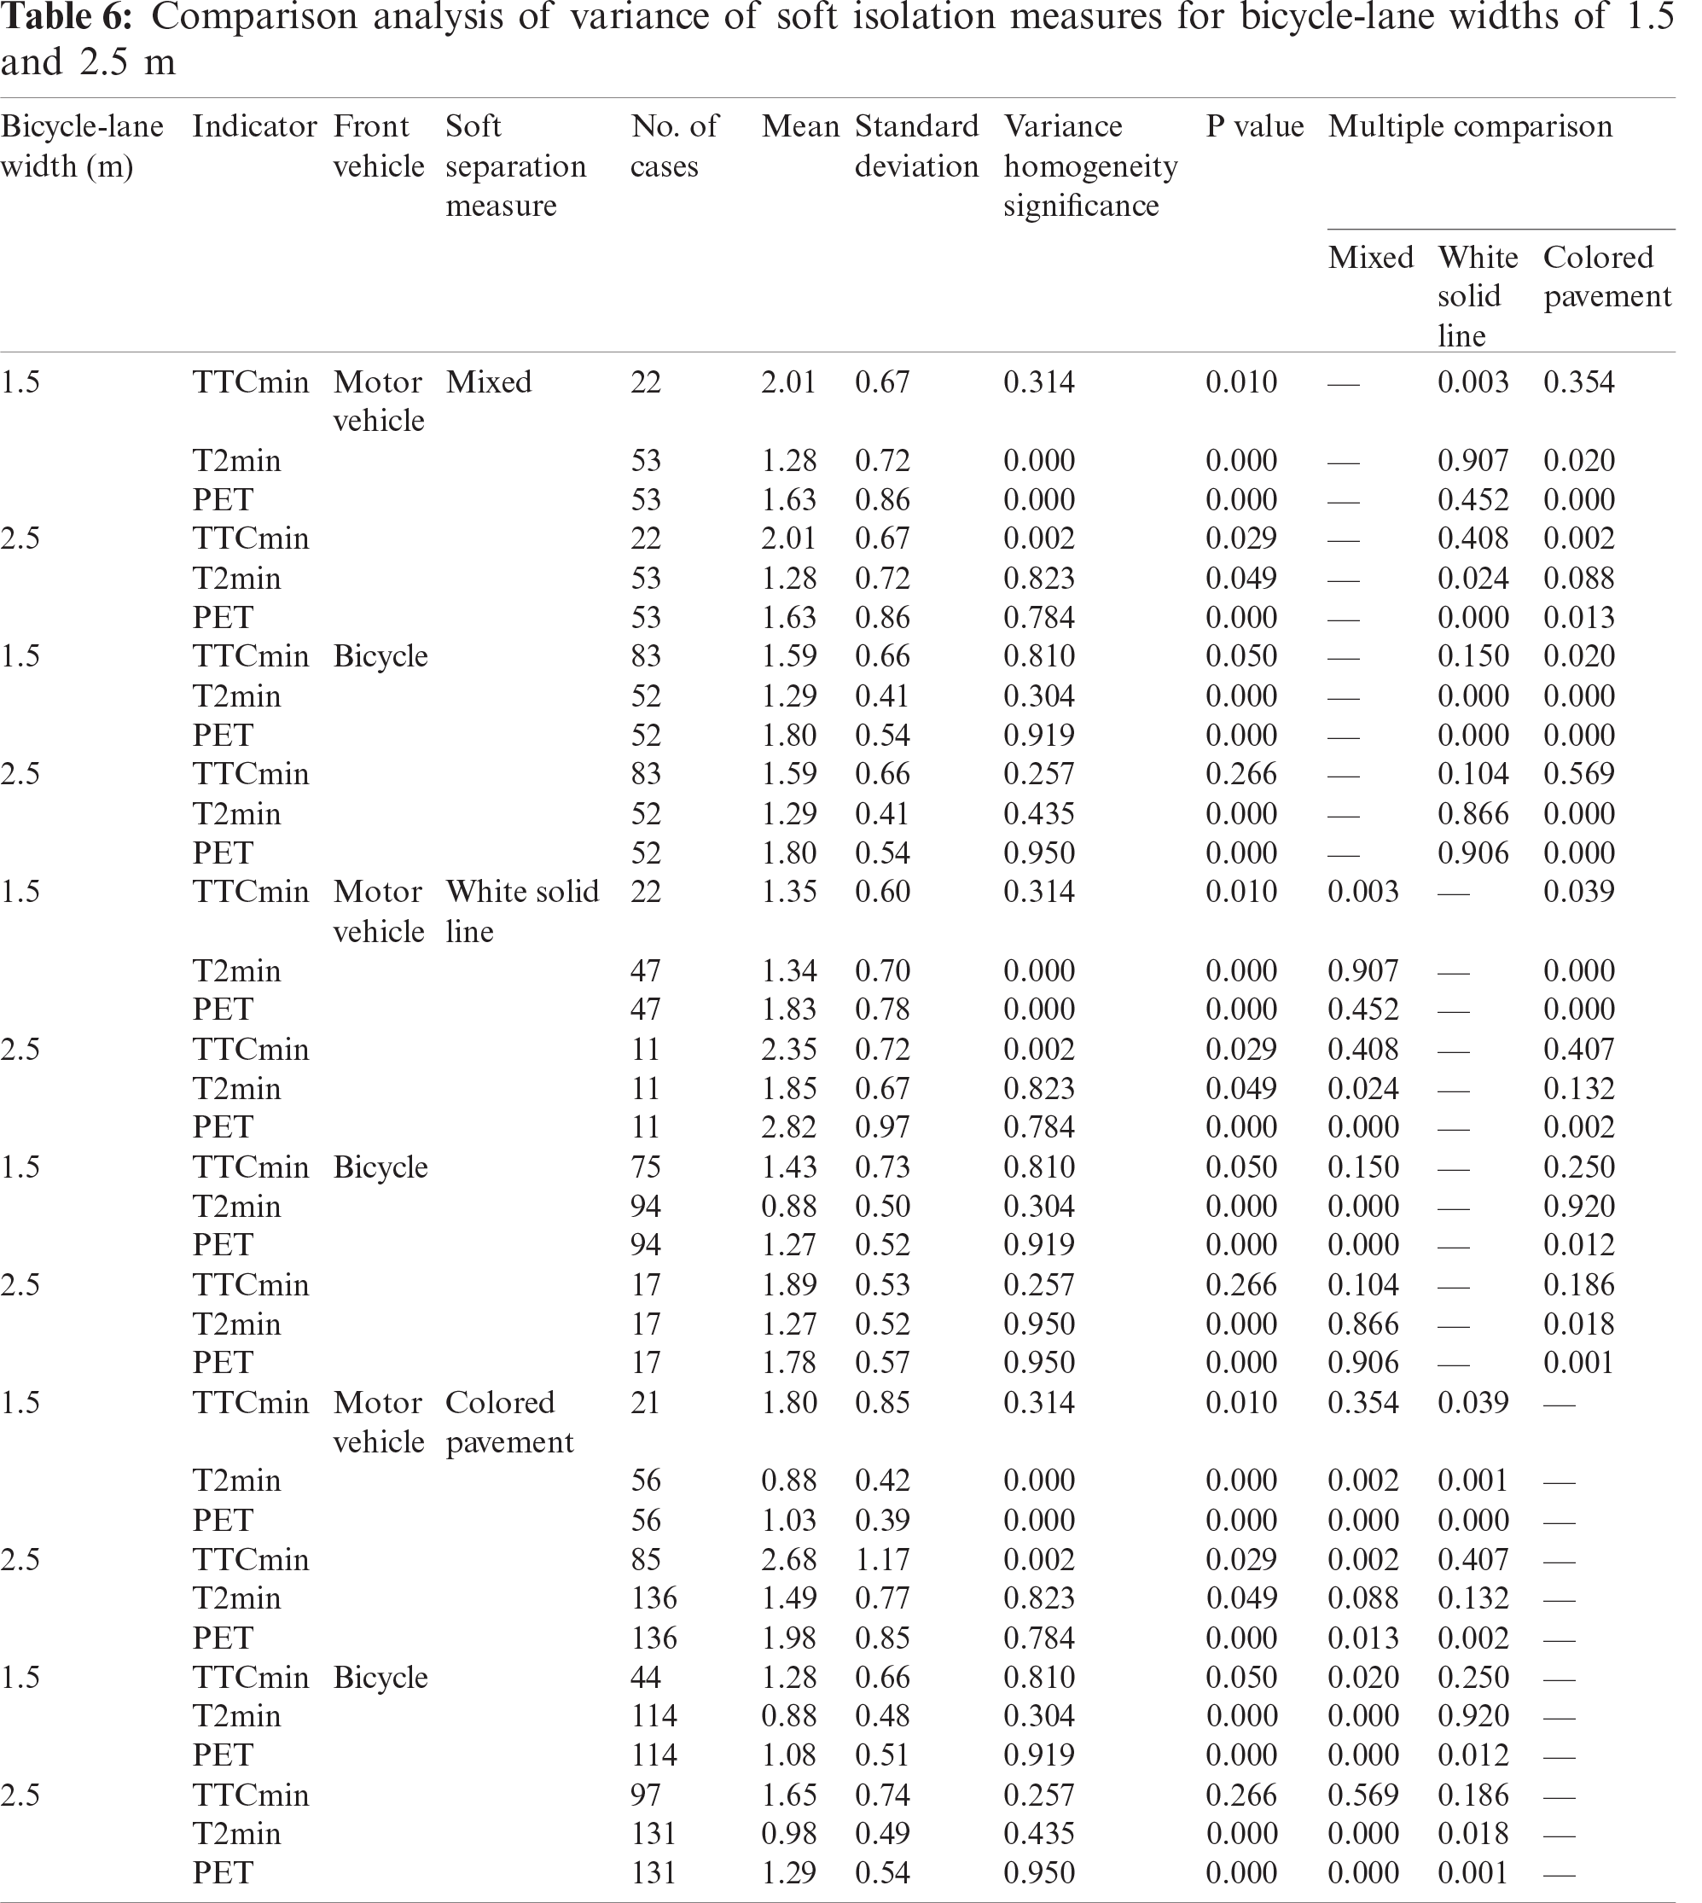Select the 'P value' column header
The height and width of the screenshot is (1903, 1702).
[1254, 126]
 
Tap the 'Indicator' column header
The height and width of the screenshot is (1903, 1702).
[254, 126]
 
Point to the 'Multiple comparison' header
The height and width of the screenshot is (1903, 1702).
[1470, 126]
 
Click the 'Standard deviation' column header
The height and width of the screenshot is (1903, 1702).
[916, 146]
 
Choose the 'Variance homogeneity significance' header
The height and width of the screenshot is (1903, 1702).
[1089, 166]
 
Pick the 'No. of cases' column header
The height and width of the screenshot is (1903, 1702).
[673, 146]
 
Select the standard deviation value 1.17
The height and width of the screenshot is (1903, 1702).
[882, 1560]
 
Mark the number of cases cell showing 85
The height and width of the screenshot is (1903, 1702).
[645, 1560]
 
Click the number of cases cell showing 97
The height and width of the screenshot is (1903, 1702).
[645, 1795]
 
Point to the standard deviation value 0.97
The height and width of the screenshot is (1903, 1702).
[882, 1127]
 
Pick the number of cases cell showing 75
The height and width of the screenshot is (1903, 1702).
[645, 1167]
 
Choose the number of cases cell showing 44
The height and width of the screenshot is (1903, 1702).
[645, 1678]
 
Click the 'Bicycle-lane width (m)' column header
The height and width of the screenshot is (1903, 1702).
[82, 146]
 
